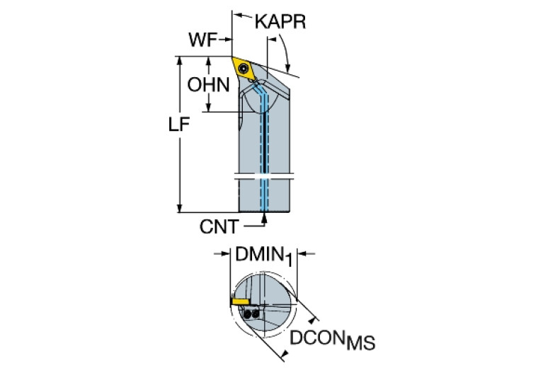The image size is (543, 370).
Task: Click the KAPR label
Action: coord(280,22)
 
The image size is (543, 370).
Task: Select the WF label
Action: coord(202,40)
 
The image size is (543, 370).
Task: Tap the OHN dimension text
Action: coord(208,85)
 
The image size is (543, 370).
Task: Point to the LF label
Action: coord(179,125)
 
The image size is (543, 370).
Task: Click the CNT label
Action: coord(219,227)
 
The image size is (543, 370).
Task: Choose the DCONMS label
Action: coord(332,340)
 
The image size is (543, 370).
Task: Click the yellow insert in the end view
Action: coord(240,302)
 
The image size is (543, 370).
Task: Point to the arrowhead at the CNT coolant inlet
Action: coord(265,218)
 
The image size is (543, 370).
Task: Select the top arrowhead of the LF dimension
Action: coord(179,61)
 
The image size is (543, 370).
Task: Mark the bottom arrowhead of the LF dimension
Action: coord(179,208)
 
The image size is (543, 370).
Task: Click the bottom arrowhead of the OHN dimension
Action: coord(208,107)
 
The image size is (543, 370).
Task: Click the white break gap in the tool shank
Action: coord(264,176)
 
